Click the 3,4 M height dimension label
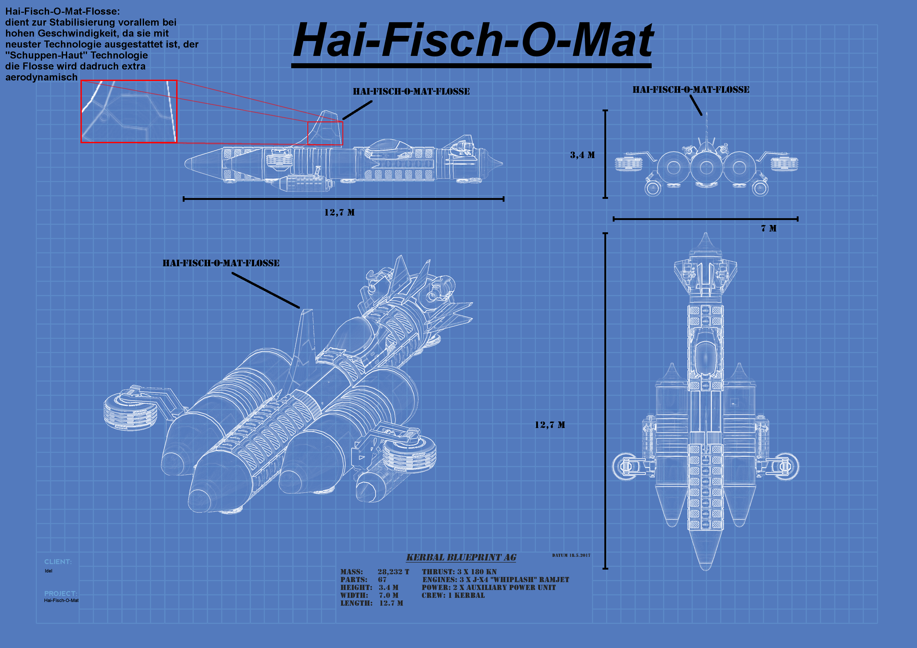click(x=582, y=155)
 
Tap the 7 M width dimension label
click(x=769, y=228)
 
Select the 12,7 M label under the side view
click(x=340, y=212)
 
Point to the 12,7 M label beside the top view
click(x=550, y=425)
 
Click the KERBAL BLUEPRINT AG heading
click(x=461, y=557)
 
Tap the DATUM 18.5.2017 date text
click(x=571, y=555)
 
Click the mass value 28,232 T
click(x=393, y=572)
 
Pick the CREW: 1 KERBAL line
click(x=453, y=595)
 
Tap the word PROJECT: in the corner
click(x=61, y=594)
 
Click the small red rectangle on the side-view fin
click(x=325, y=133)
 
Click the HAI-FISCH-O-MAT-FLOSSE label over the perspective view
click(x=221, y=263)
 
